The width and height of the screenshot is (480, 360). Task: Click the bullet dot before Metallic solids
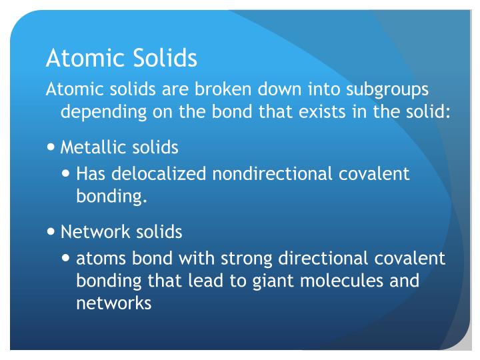tap(52, 146)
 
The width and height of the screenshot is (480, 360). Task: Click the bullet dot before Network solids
tap(52, 232)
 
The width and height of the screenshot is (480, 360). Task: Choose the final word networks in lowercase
tap(114, 303)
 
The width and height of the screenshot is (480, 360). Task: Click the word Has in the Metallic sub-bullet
tap(92, 174)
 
